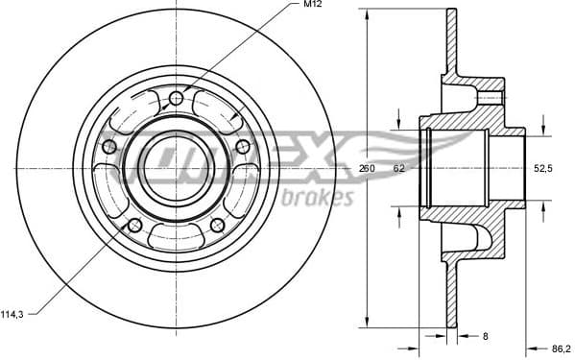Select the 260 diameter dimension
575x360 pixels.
pos(367,168)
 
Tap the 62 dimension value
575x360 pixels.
pos(398,168)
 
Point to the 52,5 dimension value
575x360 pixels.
pos(543,168)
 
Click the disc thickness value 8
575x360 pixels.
pos(487,335)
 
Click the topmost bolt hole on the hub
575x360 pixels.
pos(176,99)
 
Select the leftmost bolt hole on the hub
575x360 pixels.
pos(108,146)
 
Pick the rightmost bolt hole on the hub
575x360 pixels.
pos(242,146)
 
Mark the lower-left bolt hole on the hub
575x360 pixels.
pos(134,225)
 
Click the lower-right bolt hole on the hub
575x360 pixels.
pos(217,225)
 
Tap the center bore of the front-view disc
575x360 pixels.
pos(176,166)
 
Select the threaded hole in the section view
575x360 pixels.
pos(490,97)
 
